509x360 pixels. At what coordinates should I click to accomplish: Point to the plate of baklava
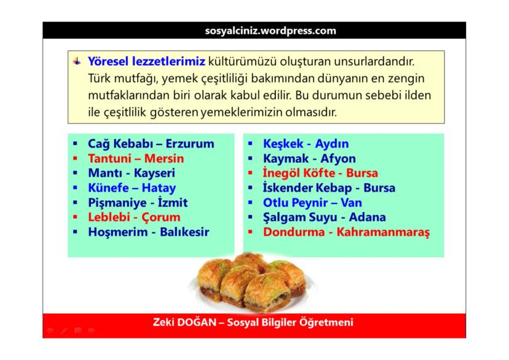(254, 279)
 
